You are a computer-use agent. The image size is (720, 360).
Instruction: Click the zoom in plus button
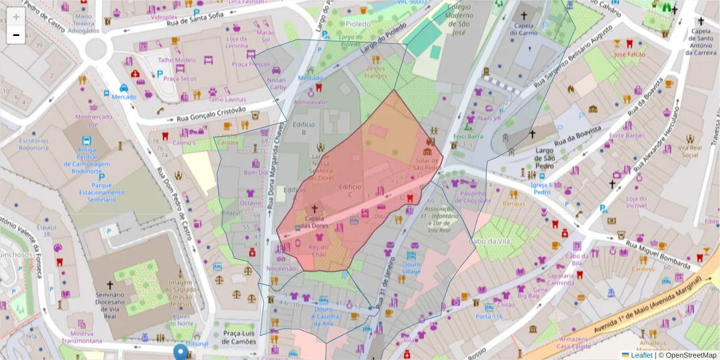pos(16,17)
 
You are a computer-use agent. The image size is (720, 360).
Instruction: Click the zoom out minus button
pos(16,35)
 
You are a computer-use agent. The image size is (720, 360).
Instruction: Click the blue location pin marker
pos(181,352)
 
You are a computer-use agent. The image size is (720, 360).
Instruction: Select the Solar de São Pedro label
pos(428,164)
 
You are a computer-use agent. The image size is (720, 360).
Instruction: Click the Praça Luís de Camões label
pos(239,337)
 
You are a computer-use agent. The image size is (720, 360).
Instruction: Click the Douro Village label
pos(412,268)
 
